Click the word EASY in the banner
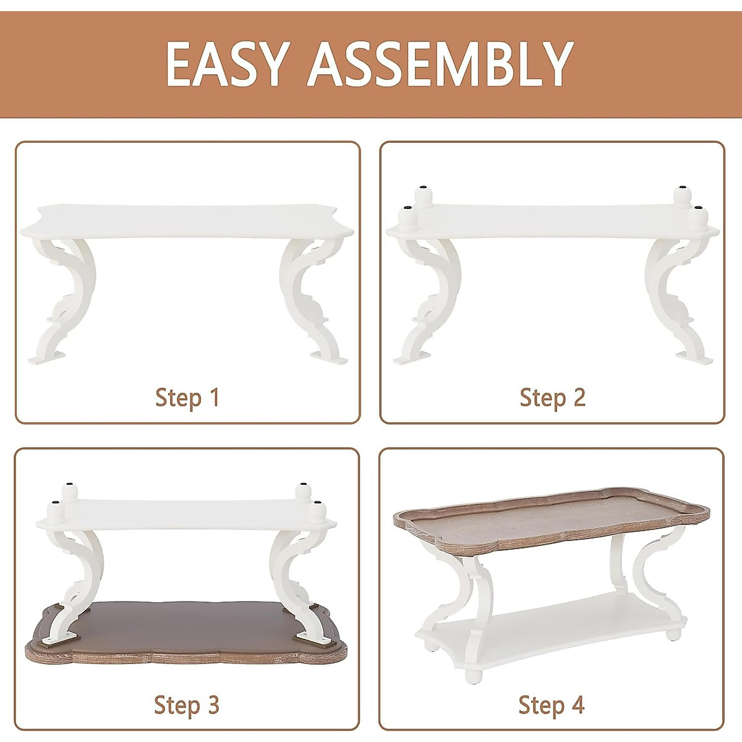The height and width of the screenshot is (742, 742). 226,64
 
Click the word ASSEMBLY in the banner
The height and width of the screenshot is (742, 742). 441,64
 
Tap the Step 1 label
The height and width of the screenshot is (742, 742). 187,398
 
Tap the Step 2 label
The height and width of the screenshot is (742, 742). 552,398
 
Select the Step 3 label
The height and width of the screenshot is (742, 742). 187,704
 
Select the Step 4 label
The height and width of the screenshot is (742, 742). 552,704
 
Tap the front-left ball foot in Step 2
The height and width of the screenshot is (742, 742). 407,218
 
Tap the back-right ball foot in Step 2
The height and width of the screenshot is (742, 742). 682,196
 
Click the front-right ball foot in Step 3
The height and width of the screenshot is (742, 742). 317,513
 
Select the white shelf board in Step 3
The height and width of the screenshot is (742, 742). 185,513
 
